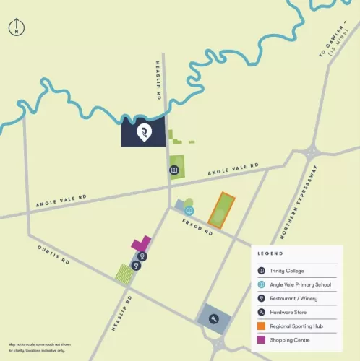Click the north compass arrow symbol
click(15, 27)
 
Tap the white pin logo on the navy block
click(143, 132)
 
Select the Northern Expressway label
click(299, 203)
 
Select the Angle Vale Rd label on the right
click(233, 170)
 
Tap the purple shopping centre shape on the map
click(142, 243)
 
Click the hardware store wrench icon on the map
click(214, 319)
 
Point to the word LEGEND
click(270, 253)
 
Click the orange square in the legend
click(262, 325)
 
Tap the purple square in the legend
click(262, 339)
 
